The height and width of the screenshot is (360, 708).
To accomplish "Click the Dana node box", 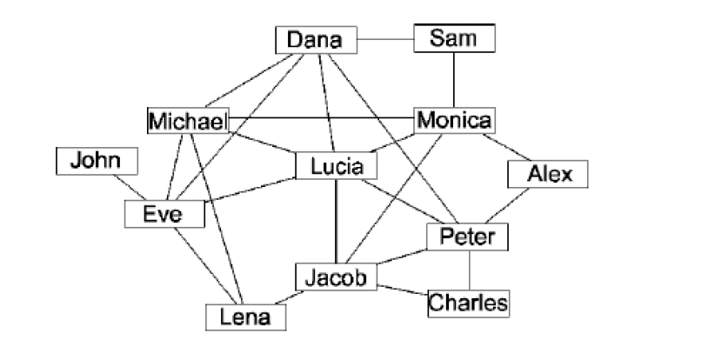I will click(316, 40).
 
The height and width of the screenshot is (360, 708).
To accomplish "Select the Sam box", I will click(453, 38).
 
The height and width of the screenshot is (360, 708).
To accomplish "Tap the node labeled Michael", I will click(188, 121).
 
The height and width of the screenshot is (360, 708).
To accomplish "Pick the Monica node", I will click(454, 120).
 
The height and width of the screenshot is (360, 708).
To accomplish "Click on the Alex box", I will click(549, 175).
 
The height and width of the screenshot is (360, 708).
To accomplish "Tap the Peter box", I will click(467, 237).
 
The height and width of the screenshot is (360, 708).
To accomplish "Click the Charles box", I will click(468, 303).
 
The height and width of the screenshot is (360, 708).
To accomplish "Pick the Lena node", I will click(246, 317).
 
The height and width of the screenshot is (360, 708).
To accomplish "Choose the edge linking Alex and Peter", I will click(517, 205).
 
